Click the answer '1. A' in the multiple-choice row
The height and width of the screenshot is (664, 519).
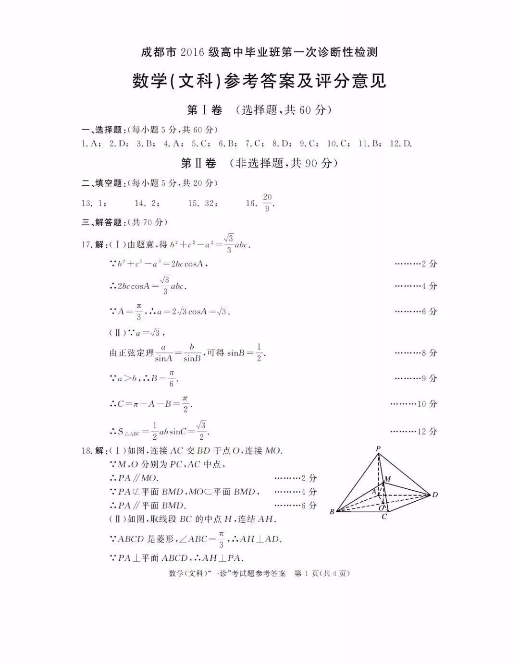click(90, 144)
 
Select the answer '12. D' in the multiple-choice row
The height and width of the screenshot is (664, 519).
click(401, 144)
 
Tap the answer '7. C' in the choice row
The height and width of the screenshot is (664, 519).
click(253, 144)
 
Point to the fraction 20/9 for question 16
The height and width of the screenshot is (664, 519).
click(267, 202)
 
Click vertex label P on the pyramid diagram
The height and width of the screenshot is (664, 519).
click(378, 449)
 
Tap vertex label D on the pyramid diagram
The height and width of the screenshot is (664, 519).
click(435, 495)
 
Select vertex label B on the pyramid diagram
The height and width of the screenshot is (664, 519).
click(332, 512)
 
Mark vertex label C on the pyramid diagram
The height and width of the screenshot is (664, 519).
click(384, 517)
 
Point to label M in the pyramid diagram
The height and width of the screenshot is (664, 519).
click(387, 479)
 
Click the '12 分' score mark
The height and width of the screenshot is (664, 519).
click(427, 431)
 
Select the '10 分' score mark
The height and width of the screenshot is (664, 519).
click(427, 404)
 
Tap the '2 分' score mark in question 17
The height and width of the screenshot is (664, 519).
click(429, 264)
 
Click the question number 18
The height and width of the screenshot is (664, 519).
click(86, 450)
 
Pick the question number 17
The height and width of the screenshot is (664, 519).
click(86, 244)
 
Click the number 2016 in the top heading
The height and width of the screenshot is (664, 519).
click(192, 52)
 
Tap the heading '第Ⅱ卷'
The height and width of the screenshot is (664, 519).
click(198, 163)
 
